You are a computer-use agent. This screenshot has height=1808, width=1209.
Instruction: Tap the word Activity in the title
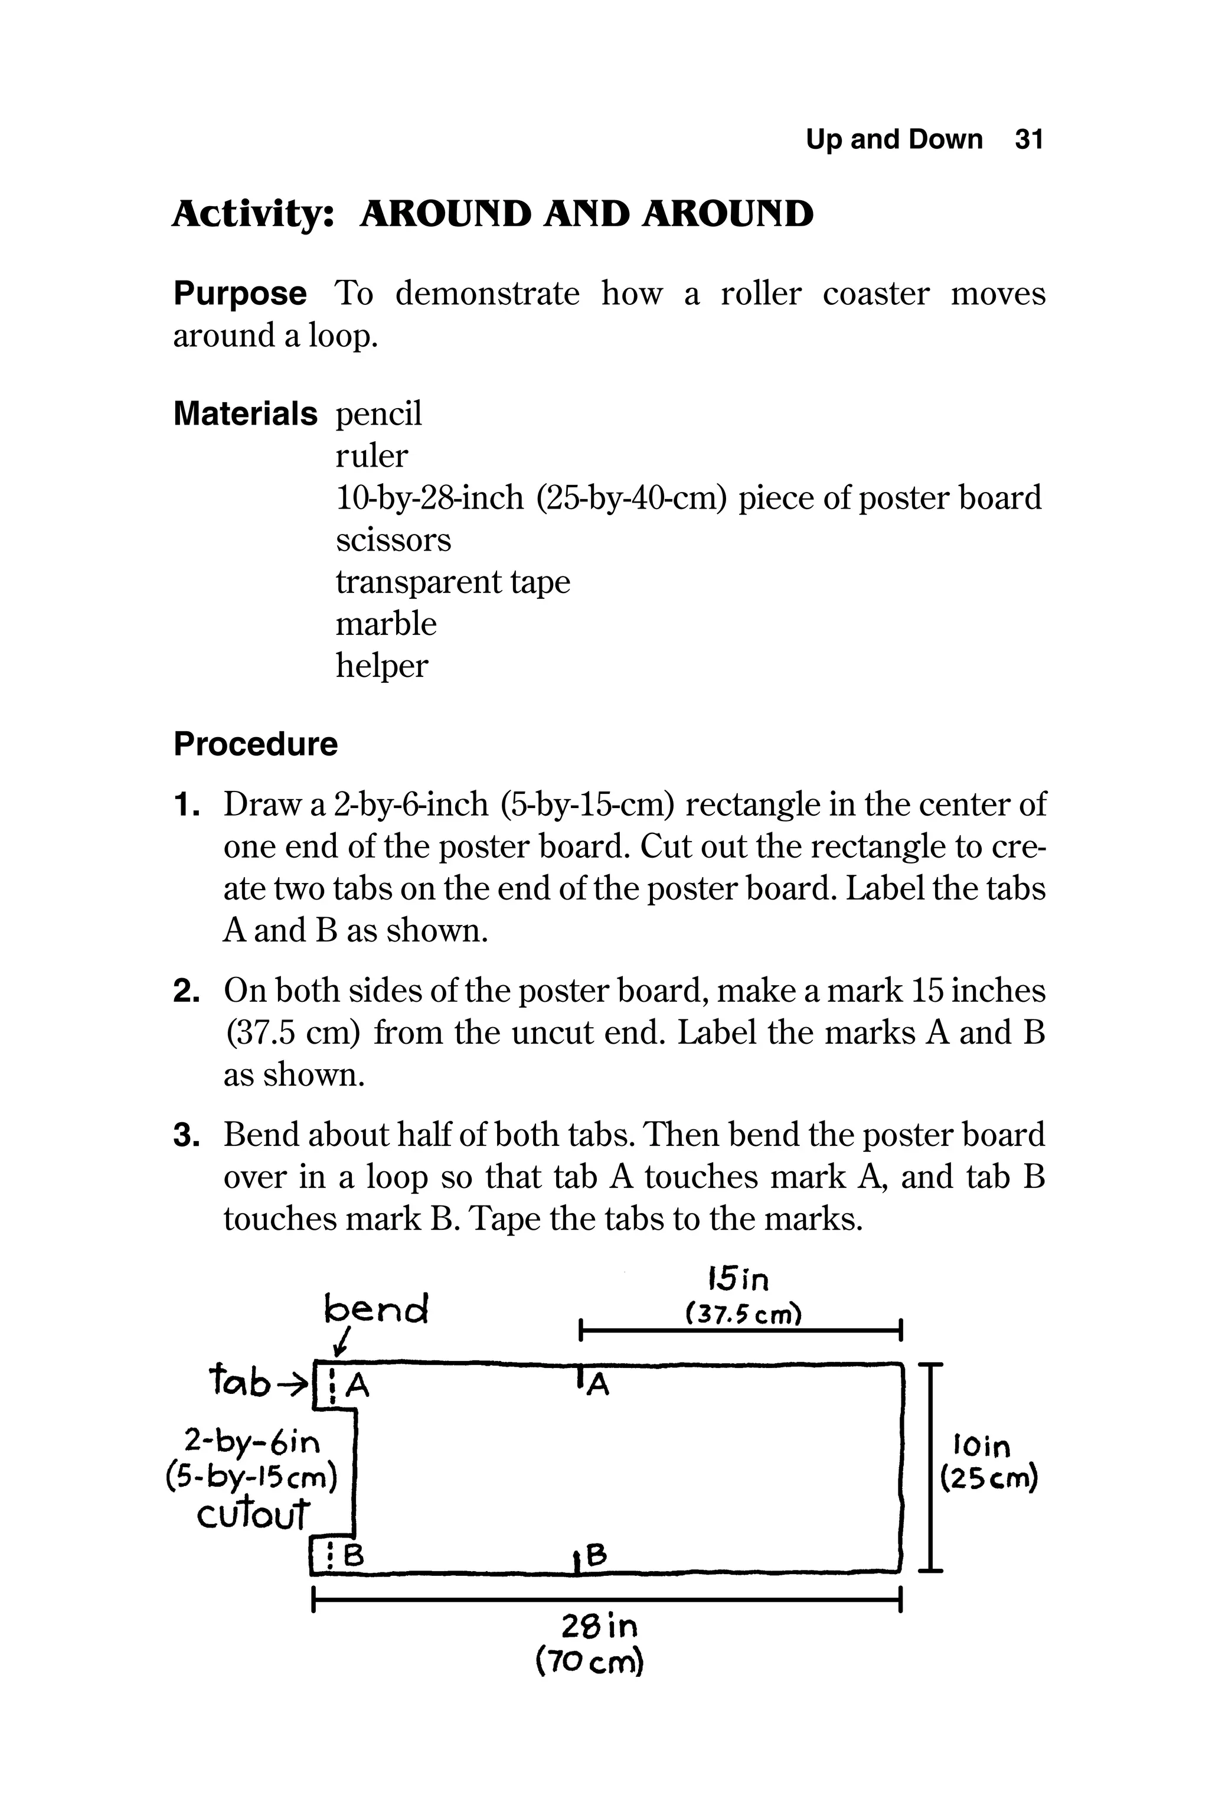[x=253, y=214]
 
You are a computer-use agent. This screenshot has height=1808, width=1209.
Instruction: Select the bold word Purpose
[x=240, y=294]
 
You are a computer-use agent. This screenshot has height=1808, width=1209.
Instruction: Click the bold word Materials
[x=245, y=414]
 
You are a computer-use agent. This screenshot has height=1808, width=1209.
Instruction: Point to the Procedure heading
[x=255, y=744]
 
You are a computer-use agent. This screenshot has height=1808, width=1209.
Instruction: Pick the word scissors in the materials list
[x=393, y=540]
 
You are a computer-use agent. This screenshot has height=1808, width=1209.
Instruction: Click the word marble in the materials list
[x=385, y=623]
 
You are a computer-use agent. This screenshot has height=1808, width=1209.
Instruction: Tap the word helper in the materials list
[x=381, y=666]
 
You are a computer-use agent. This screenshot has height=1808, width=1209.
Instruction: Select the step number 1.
[x=186, y=805]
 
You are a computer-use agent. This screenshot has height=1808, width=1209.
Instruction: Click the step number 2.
[x=186, y=991]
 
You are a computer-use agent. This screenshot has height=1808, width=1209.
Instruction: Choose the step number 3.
[x=186, y=1135]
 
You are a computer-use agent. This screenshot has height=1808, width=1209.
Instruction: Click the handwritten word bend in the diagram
[x=376, y=1308]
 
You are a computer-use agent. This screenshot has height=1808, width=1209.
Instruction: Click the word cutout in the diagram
[x=253, y=1515]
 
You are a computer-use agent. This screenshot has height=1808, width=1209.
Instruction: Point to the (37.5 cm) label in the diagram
[x=743, y=1313]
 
